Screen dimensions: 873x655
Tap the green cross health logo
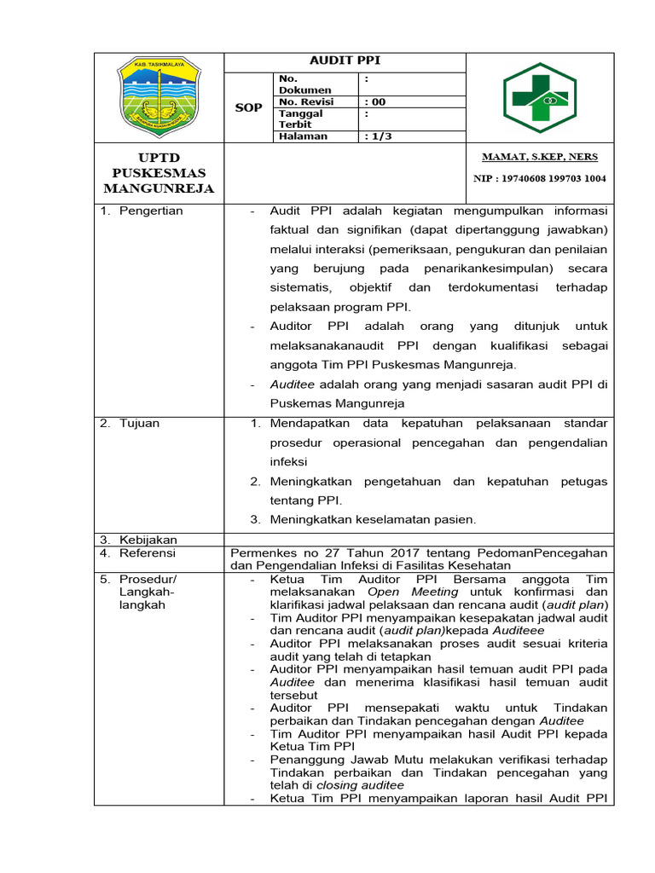539,97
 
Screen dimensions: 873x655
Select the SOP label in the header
248,107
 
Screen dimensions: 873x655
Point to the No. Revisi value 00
375,101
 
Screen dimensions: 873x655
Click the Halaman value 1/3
378,136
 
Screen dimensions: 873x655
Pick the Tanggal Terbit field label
299,119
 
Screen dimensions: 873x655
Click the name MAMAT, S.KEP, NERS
539,157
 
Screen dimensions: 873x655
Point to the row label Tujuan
140,423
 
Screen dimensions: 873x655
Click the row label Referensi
148,552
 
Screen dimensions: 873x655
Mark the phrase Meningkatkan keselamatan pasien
373,519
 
